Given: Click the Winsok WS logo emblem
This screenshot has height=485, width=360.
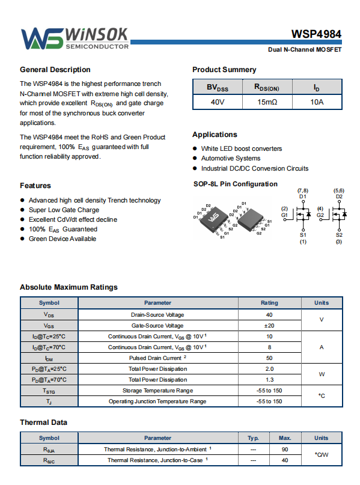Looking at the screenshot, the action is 42,38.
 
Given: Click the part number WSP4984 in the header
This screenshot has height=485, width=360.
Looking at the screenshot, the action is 316,34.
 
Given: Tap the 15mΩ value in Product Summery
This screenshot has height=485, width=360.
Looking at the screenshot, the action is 267,102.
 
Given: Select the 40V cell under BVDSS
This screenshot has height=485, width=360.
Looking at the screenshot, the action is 218,102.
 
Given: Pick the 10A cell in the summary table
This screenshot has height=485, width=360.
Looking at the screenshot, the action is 317,102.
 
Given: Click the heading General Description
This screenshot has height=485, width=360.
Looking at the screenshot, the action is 55,70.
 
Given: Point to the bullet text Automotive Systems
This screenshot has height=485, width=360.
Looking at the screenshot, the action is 231,159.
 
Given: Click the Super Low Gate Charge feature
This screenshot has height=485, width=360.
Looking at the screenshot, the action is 64,210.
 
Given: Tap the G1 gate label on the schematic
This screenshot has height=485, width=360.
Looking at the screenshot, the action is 284,215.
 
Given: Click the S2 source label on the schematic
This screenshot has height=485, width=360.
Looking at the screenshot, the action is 339,235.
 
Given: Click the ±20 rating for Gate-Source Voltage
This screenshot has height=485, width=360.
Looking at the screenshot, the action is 269,326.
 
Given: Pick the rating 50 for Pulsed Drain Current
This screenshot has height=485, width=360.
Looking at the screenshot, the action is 269,358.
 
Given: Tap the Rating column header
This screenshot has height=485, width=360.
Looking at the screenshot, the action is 269,303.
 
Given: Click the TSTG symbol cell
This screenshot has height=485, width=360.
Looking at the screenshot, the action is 49,391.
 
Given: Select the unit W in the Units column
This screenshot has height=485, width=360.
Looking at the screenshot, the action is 322,374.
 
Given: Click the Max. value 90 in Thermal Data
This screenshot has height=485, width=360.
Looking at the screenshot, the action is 285,450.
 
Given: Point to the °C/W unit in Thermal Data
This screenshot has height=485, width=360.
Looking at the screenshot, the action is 322,455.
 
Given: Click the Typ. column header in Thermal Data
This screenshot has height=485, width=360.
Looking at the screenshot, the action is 253,438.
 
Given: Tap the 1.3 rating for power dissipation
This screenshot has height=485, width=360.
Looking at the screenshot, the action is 269,380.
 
